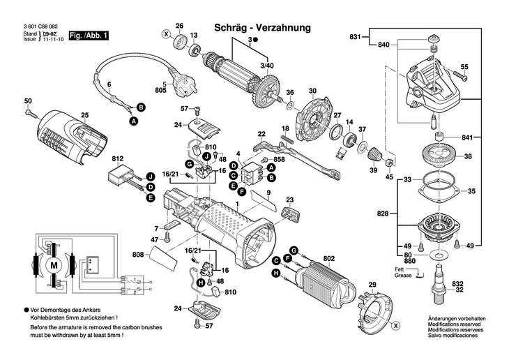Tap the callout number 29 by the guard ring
coord(372,284)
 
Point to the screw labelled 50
coord(28,111)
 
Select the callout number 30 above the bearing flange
coord(312,91)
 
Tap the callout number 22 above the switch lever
coord(261,133)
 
